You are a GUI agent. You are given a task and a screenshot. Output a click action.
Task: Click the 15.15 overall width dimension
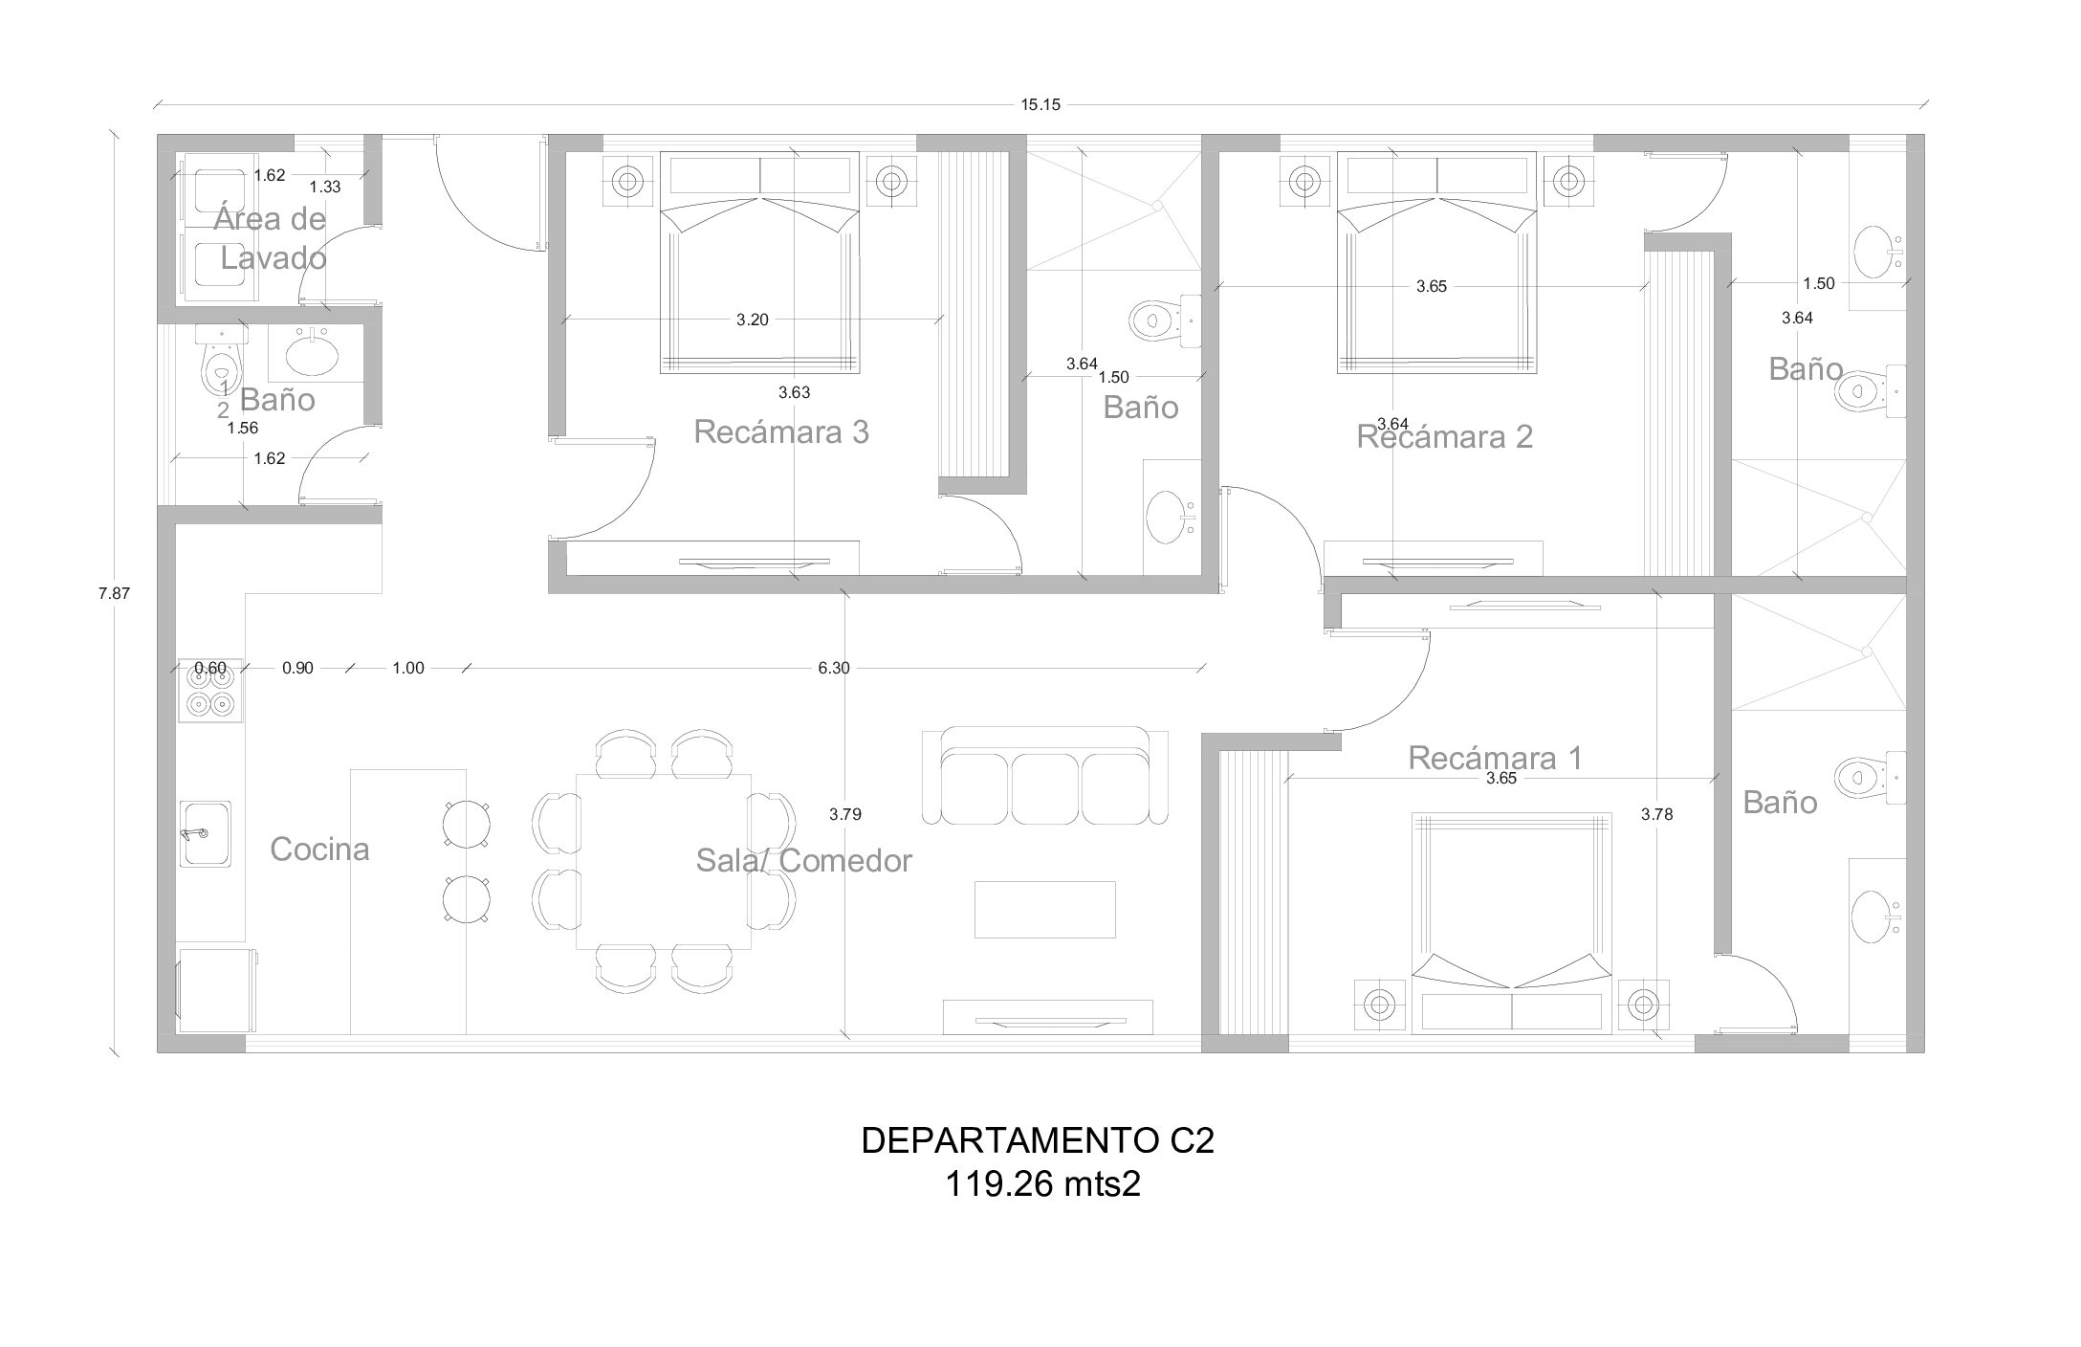click(1040, 105)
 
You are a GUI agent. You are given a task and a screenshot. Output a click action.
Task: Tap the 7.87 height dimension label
click(114, 593)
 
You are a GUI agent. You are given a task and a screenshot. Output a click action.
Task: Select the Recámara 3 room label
click(781, 432)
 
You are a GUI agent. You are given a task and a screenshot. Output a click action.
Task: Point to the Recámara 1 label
click(1496, 759)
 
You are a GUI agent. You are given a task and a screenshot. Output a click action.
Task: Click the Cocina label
click(319, 850)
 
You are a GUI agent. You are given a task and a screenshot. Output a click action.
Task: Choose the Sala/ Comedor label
click(803, 861)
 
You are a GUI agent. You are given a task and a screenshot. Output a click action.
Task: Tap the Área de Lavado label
click(271, 238)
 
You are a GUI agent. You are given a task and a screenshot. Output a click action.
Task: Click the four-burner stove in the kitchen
click(210, 691)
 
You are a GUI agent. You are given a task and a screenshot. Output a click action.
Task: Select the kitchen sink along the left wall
click(205, 834)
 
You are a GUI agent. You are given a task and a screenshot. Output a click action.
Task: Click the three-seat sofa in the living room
click(1044, 776)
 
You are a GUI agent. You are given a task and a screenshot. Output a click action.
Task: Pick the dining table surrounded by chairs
click(663, 861)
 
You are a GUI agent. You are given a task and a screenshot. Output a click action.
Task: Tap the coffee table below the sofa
click(1044, 909)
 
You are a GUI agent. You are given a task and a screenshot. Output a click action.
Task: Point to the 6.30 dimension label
click(834, 669)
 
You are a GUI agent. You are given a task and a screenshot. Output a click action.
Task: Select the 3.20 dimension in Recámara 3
click(753, 320)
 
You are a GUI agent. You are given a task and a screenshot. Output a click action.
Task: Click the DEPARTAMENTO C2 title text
click(1038, 1141)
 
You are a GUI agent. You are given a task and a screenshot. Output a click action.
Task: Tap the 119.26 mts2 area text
click(1042, 1185)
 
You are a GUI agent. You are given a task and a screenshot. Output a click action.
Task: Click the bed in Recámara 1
click(1511, 923)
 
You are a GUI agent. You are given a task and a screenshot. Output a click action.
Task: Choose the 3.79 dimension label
click(845, 815)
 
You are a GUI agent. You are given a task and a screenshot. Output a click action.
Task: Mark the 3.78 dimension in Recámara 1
click(1657, 815)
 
